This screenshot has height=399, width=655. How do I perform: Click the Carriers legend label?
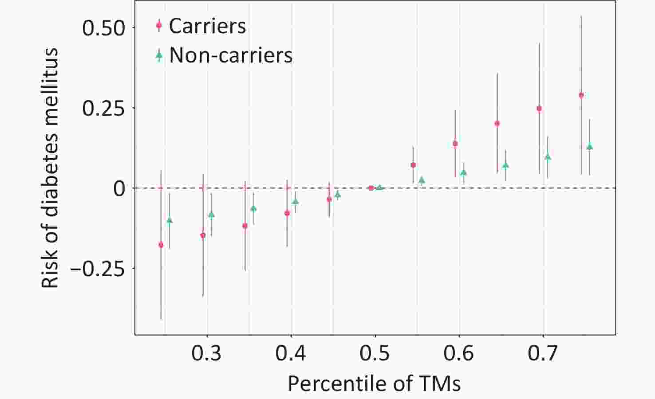click(x=207, y=26)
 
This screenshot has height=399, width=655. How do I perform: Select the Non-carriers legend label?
click(x=231, y=55)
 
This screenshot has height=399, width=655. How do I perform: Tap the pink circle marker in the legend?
click(x=159, y=26)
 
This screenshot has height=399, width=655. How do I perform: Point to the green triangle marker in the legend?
click(x=159, y=55)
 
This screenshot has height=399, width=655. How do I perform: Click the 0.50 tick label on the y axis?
click(x=104, y=28)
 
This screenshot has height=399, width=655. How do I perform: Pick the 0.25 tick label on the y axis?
click(x=104, y=108)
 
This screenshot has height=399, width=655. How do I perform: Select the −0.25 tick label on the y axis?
click(x=98, y=269)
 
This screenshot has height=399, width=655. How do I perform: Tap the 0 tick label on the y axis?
click(x=119, y=189)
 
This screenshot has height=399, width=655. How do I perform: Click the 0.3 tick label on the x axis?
click(x=206, y=354)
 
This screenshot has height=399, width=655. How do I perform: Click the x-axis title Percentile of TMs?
click(x=374, y=383)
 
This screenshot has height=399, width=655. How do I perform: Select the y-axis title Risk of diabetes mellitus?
click(x=50, y=168)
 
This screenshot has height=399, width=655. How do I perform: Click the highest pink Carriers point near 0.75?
click(x=581, y=95)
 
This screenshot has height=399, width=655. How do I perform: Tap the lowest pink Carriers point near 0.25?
click(x=161, y=245)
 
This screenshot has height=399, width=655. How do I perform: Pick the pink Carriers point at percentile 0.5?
click(x=371, y=188)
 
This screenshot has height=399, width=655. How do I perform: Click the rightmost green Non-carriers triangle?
click(x=590, y=147)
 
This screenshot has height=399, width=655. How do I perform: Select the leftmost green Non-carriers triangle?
click(x=169, y=220)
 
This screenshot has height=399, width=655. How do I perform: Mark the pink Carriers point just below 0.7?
click(x=539, y=109)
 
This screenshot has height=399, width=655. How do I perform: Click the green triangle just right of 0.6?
click(x=463, y=172)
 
